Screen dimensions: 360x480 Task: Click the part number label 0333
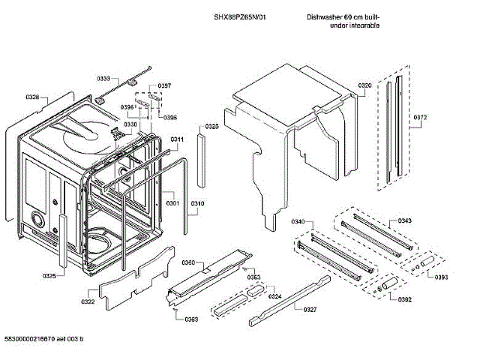point(103,79)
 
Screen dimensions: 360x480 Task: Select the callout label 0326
point(32,97)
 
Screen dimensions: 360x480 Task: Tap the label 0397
point(164,85)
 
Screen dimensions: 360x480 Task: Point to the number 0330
point(130,124)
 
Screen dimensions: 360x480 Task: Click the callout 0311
point(177,140)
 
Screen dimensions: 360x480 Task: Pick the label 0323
point(211,127)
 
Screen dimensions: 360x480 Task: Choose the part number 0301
point(172,203)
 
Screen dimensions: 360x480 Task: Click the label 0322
point(88,301)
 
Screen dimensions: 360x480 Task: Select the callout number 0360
point(188,262)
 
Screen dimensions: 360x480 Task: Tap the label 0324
point(275,296)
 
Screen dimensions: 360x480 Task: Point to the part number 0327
point(310,308)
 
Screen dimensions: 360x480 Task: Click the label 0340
point(298,222)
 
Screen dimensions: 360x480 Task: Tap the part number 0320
point(364,86)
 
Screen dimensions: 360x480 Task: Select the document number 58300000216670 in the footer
point(34,340)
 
